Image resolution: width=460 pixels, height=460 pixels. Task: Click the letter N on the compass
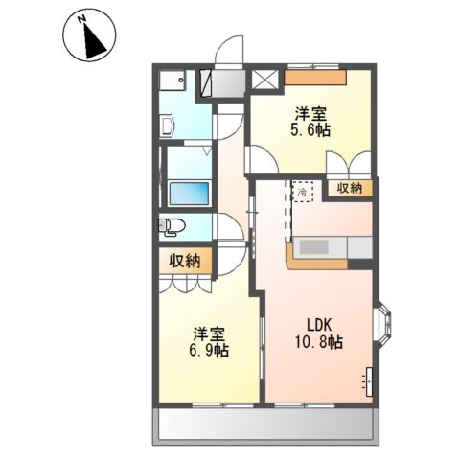coord(82,20)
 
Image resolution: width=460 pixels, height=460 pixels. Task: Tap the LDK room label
coord(319,325)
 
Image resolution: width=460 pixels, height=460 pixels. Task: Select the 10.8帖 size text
coord(319,342)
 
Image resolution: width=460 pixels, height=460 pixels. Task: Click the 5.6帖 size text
coord(310,130)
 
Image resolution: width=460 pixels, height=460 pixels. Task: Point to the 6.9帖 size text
coord(209,351)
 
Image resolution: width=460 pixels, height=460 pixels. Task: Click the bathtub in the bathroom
coord(189,194)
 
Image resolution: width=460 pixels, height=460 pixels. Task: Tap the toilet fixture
coord(172,227)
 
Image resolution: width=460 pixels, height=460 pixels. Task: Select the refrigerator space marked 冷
coord(302,192)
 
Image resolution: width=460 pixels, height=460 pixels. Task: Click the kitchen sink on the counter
coord(314,246)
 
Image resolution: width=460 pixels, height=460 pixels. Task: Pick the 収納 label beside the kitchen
coord(351,189)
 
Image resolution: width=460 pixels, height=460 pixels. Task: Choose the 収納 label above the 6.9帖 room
coord(185,262)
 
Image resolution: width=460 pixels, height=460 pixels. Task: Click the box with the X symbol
coord(264,80)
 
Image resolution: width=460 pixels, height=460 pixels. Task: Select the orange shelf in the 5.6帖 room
coord(315,78)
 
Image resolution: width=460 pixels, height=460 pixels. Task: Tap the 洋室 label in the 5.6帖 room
coord(310,114)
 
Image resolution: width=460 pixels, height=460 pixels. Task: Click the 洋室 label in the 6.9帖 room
coord(209,334)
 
